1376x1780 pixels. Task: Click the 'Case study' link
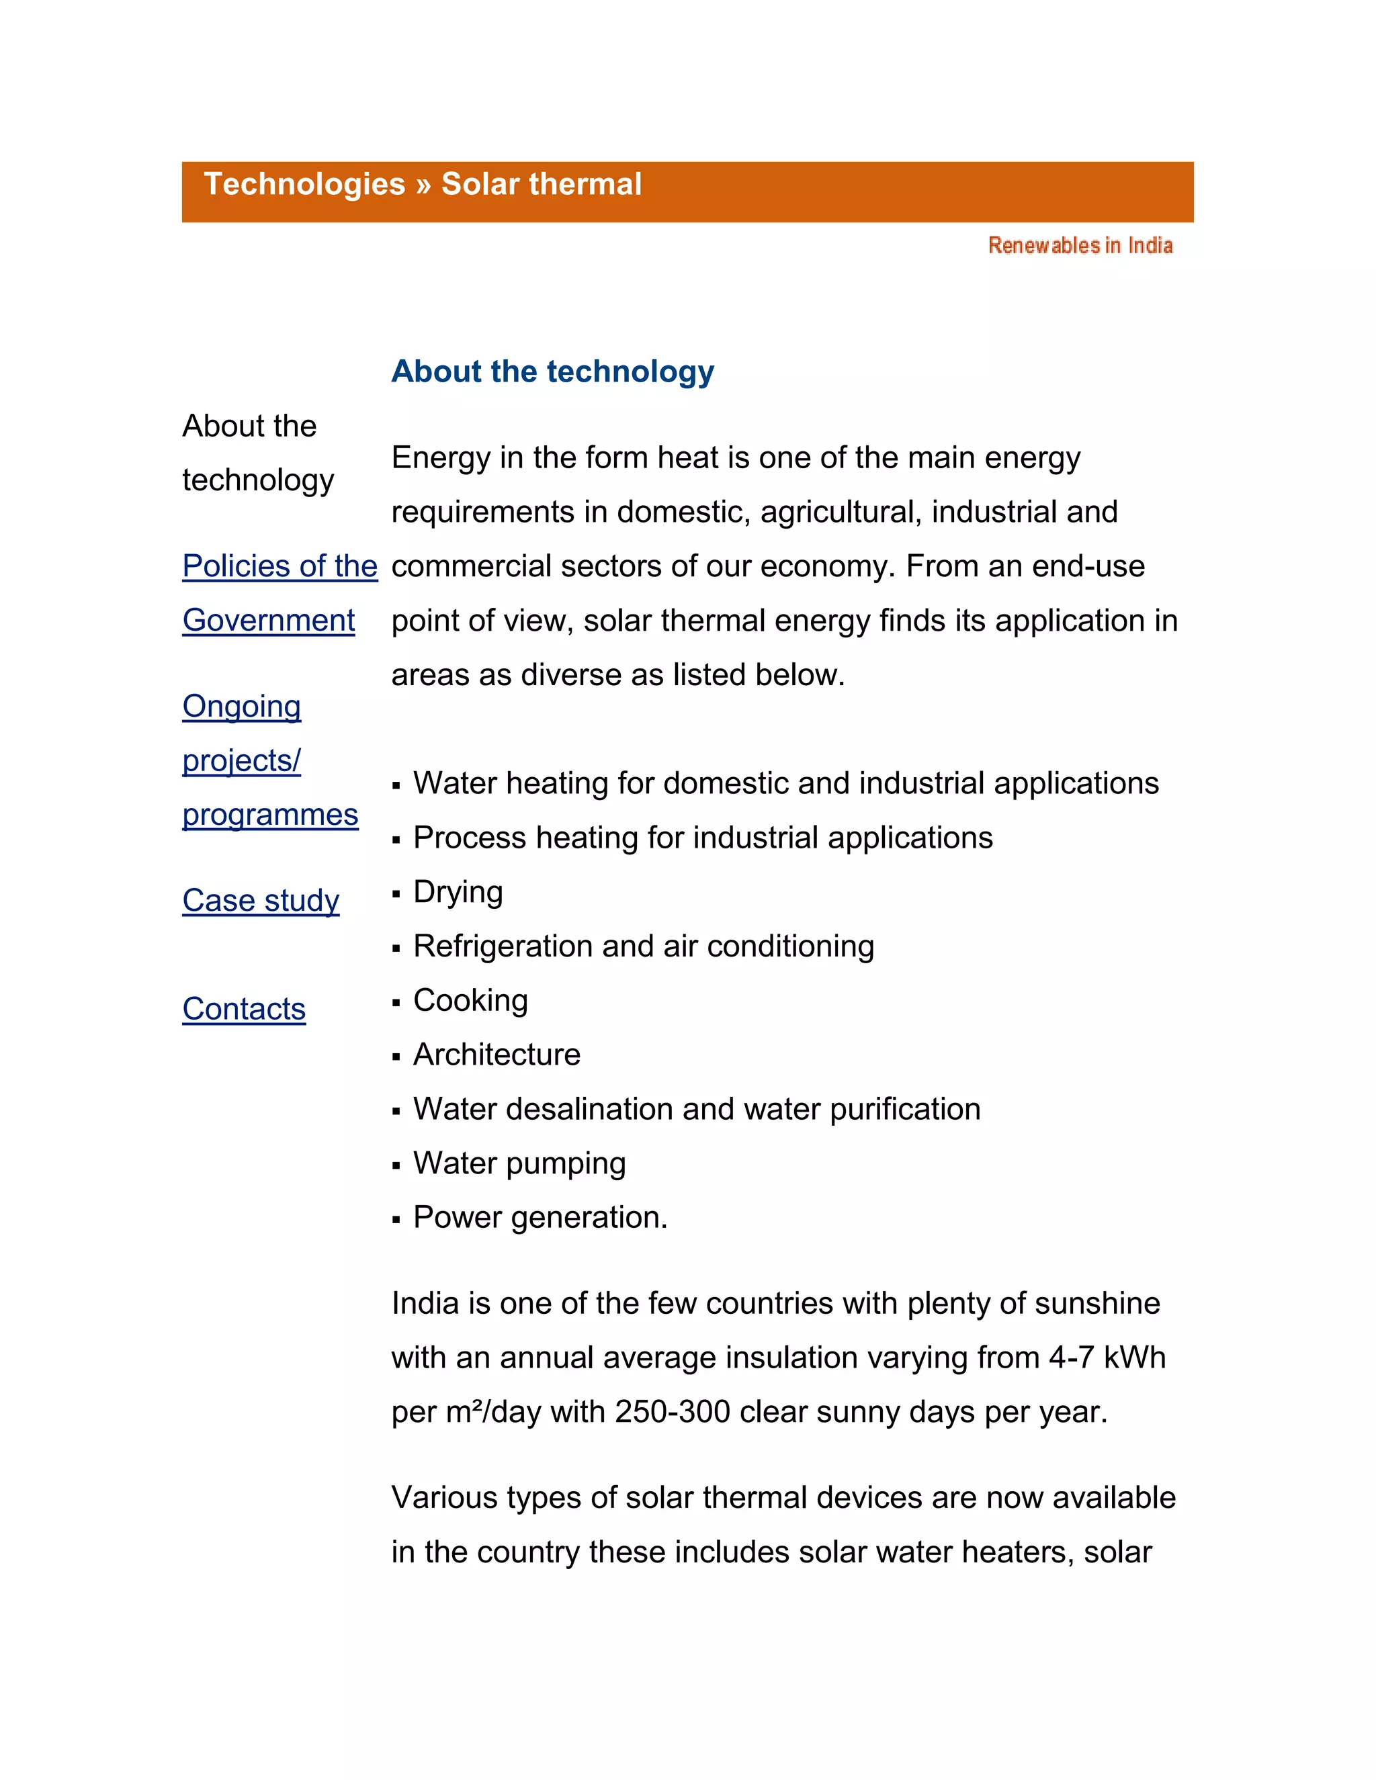(261, 901)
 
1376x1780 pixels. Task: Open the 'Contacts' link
(244, 1009)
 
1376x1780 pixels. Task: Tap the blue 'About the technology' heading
(553, 371)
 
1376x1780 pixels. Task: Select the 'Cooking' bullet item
(470, 1000)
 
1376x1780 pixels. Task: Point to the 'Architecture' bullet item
(497, 1055)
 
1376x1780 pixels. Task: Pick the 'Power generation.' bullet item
(540, 1218)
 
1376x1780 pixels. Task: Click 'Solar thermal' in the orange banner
(542, 184)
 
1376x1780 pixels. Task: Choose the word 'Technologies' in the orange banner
(304, 184)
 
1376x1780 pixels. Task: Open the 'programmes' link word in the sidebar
(270, 815)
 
